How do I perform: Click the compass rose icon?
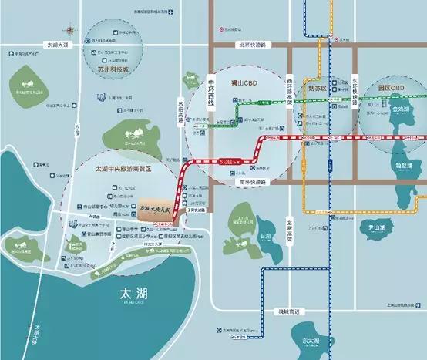72,32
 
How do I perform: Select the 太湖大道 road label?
56,45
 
